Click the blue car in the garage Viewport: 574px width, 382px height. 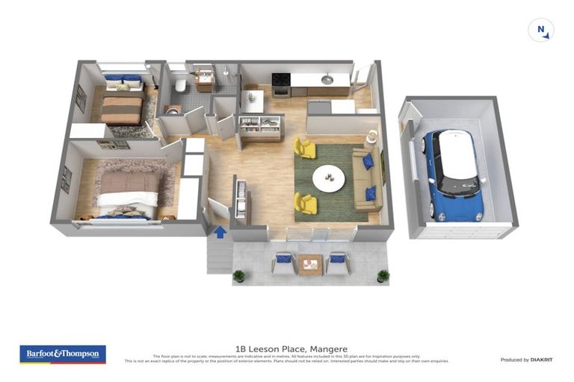coord(455,175)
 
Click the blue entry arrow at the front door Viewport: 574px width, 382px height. coord(220,231)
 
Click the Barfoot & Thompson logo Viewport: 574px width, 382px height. coord(63,354)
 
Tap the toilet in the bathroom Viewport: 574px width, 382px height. coord(180,85)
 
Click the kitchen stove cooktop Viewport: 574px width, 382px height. coord(281,80)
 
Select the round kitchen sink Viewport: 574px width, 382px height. coord(327,79)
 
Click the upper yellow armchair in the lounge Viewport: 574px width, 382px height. coord(305,147)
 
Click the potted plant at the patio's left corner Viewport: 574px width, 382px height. coord(238,276)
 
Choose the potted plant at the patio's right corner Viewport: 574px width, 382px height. coord(383,275)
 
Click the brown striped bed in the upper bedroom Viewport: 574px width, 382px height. coord(122,110)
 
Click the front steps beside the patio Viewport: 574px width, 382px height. coord(220,257)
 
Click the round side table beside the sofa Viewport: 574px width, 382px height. coord(371,136)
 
